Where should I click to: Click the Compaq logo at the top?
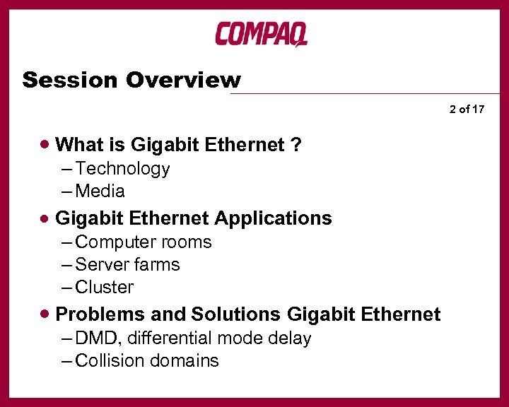click(261, 34)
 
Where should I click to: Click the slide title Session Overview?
click(131, 80)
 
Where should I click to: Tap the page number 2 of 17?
click(467, 109)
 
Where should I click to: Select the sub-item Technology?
click(122, 169)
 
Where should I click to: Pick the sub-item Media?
click(100, 191)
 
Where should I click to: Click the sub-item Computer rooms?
click(143, 242)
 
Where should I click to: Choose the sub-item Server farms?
click(127, 265)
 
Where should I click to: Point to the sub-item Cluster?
click(104, 288)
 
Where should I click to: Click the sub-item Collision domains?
click(146, 361)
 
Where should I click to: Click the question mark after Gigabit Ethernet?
click(296, 145)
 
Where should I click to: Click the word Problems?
click(94, 314)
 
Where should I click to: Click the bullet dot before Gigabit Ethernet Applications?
click(46, 218)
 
